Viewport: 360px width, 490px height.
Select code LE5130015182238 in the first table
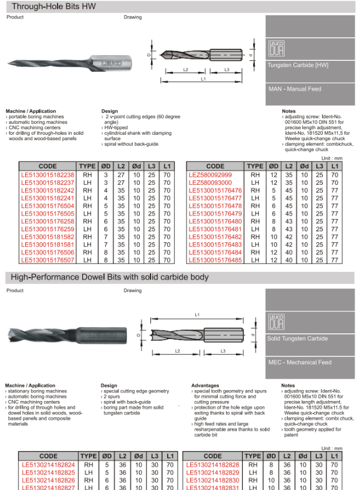pyautogui.click(x=48, y=174)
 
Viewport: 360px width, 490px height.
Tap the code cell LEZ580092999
pyautogui.click(x=210, y=174)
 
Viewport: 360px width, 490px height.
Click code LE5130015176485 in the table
pyautogui.click(x=215, y=260)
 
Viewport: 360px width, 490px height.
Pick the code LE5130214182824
pyautogui.click(x=48, y=464)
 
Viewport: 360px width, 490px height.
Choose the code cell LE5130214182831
pyautogui.click(x=212, y=487)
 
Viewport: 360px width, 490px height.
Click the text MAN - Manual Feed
pyautogui.click(x=295, y=89)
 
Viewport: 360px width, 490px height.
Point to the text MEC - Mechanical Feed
pyautogui.click(x=299, y=362)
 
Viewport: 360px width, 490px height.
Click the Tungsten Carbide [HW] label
pyautogui.click(x=298, y=65)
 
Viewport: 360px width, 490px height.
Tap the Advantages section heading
pyautogui.click(x=206, y=386)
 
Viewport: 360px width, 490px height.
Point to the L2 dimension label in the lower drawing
pyautogui.click(x=177, y=351)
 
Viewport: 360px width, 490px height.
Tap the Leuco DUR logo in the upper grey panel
pyautogui.click(x=276, y=48)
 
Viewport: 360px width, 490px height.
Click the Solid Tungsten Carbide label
pyautogui.click(x=297, y=339)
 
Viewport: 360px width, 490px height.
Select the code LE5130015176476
pyautogui.click(x=215, y=190)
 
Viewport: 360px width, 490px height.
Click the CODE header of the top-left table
pyautogui.click(x=48, y=166)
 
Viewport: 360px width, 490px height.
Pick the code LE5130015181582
pyautogui.click(x=48, y=236)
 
